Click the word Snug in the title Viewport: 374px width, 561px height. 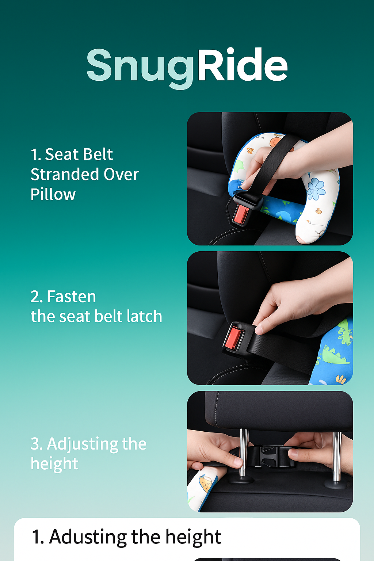(140, 68)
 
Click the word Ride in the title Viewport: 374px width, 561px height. (243, 64)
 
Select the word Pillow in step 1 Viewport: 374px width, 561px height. (53, 194)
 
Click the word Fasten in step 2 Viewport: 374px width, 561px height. (72, 297)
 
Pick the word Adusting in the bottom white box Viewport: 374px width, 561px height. (88, 537)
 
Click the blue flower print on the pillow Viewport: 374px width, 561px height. (316, 189)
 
